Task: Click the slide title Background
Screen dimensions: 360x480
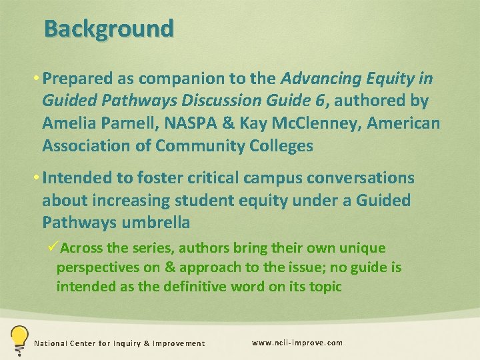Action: point(109,29)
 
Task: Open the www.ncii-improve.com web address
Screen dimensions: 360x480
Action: point(297,343)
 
